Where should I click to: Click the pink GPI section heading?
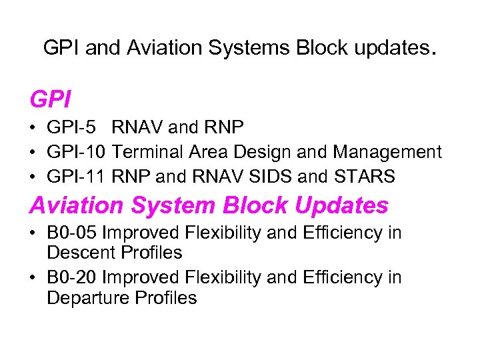point(51,100)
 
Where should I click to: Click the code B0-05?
point(72,233)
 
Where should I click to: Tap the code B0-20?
point(72,277)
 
